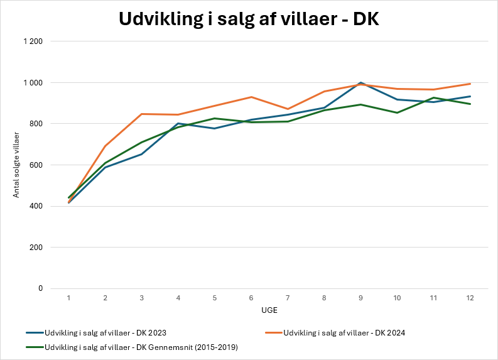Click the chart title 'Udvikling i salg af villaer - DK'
tap(249, 19)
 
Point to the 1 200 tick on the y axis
tap(33, 41)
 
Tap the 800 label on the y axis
tap(36, 124)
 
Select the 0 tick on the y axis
tap(40, 288)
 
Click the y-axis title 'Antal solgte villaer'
tap(16, 165)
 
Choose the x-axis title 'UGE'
tap(269, 310)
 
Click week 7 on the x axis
tap(288, 298)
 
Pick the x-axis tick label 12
tap(470, 298)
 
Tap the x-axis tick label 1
tap(68, 298)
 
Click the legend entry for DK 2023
tap(96, 333)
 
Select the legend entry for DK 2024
tap(335, 333)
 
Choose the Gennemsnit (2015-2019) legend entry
tap(132, 347)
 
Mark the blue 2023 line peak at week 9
tap(360, 82)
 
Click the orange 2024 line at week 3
tap(142, 114)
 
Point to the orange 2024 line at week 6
tap(251, 97)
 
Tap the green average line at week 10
tap(397, 112)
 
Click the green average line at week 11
tap(433, 97)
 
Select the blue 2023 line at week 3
tap(142, 154)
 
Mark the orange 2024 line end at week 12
tap(470, 84)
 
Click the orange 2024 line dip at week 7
tap(288, 109)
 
